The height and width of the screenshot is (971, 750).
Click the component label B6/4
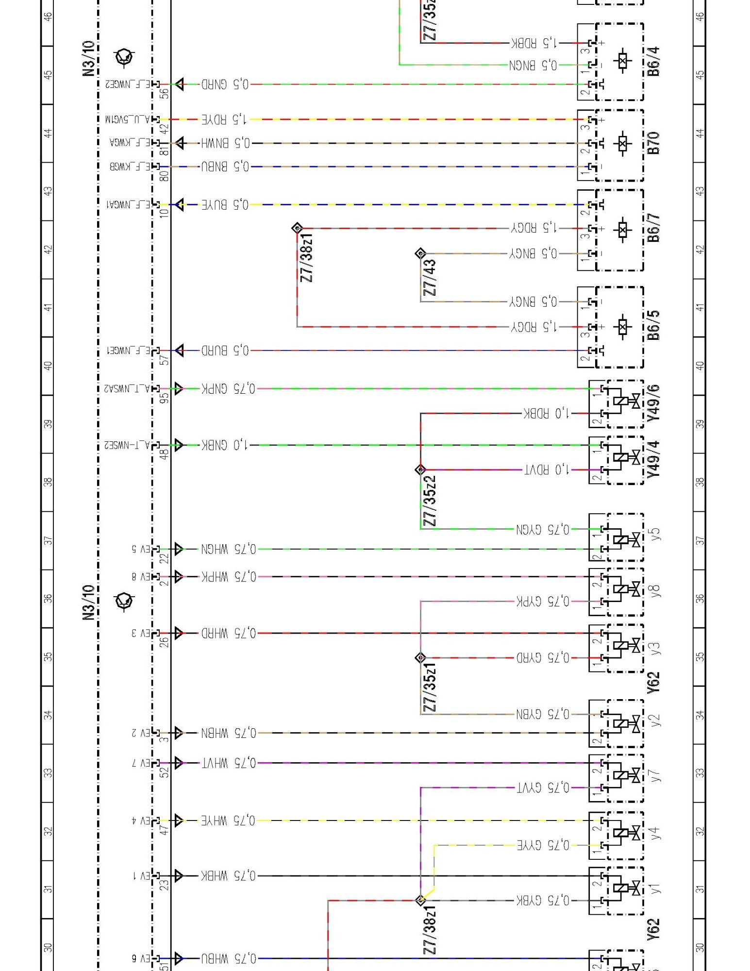tap(654, 62)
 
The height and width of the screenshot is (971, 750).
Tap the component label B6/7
tap(654, 228)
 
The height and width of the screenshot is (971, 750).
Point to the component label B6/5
tap(654, 325)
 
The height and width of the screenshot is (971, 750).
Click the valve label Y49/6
tap(654, 402)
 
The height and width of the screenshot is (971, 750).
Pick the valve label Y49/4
tap(654, 459)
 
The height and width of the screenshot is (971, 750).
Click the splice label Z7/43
tap(430, 278)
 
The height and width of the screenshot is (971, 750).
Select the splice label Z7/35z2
tap(430, 500)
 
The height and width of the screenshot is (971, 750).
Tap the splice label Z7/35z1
tap(430, 687)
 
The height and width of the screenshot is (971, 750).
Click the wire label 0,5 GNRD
tap(225, 84)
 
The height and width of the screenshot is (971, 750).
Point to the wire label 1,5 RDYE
tap(225, 119)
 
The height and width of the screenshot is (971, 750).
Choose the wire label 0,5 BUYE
tap(225, 205)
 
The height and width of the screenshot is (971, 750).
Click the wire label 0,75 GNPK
tap(228, 388)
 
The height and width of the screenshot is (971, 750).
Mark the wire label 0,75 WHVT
tap(228, 763)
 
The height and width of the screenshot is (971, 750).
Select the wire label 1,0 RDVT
tap(547, 469)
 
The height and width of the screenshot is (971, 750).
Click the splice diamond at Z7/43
tap(420, 253)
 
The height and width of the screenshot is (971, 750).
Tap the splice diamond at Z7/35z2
tap(420, 469)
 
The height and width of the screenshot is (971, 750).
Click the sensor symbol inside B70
tap(622, 143)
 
